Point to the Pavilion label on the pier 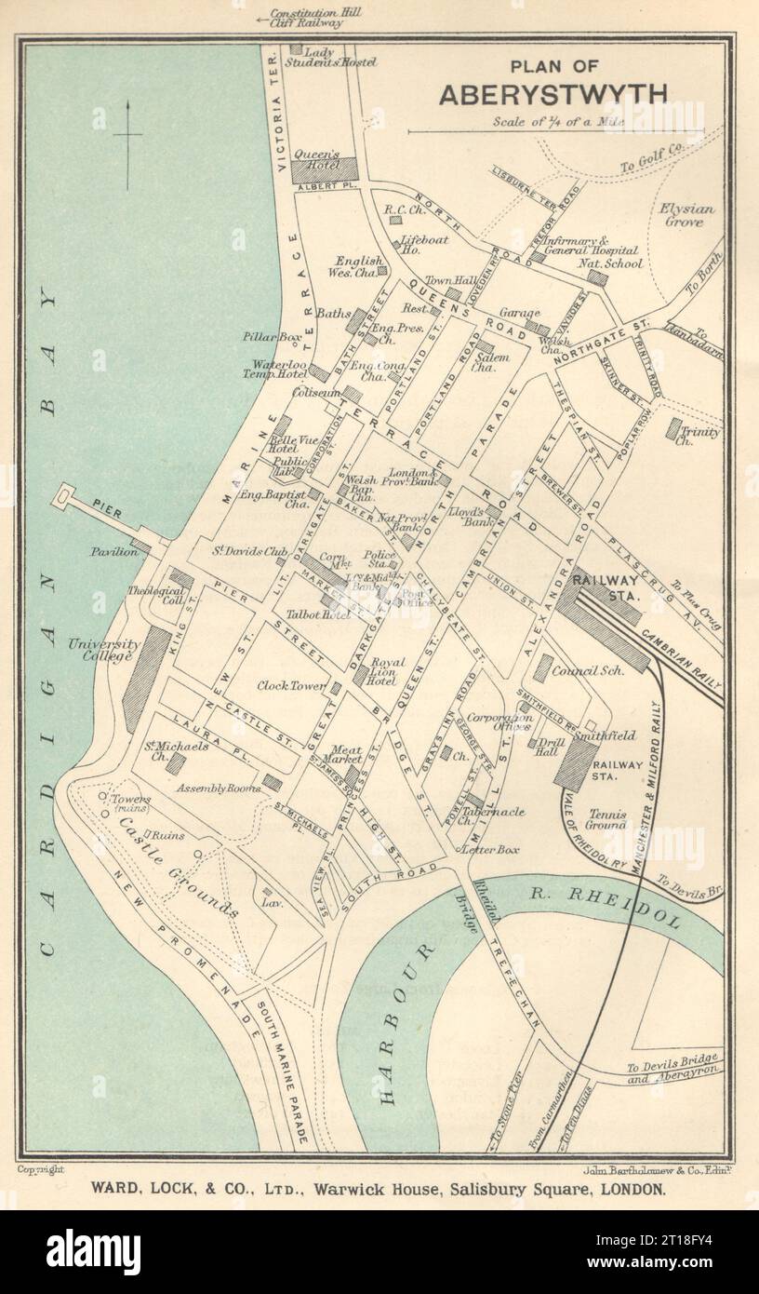tap(113, 552)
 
